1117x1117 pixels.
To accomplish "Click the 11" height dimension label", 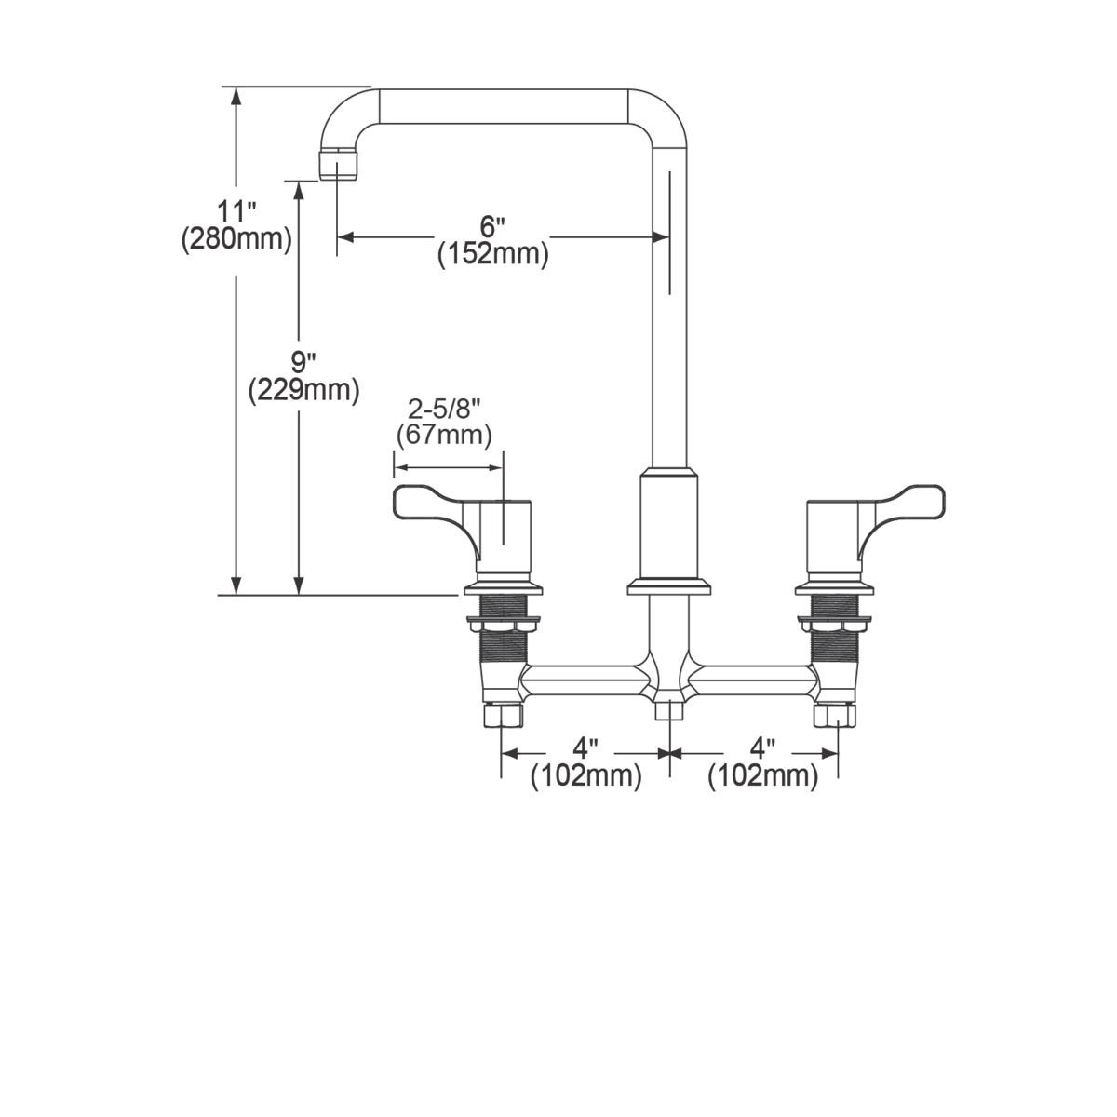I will click(236, 210).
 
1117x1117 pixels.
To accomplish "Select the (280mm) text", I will click(236, 239).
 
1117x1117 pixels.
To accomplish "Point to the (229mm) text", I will click(303, 390).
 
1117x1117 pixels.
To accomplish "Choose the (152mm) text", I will click(492, 253).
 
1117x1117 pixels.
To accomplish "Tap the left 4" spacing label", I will click(585, 747).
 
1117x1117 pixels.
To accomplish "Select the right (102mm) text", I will click(763, 775).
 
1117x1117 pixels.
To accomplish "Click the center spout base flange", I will click(669, 586).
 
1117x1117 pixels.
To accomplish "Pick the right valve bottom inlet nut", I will click(835, 715).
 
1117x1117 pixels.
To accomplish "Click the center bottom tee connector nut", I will click(668, 709).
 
